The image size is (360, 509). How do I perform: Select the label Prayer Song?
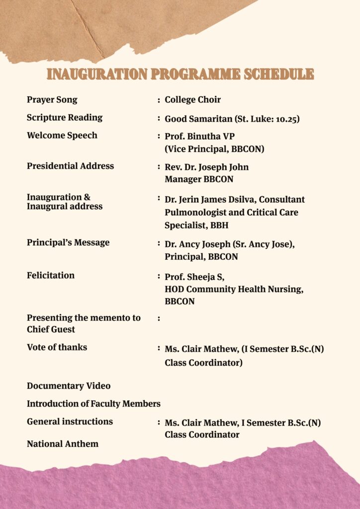coord(52,99)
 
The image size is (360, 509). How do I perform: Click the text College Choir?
coord(193,100)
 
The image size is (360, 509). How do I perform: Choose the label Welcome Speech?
coord(62,135)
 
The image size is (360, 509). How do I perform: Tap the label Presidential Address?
coord(70,166)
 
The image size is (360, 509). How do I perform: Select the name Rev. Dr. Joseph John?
coord(207,167)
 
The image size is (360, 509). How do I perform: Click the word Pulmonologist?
coord(195,212)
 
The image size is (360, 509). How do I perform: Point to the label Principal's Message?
coord(68,243)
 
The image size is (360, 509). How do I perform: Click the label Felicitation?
coord(51,275)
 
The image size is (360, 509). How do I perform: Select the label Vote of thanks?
coord(57,347)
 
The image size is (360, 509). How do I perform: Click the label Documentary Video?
coord(69,386)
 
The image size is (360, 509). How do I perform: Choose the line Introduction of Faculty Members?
coord(93,404)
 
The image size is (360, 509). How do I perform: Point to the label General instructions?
coord(70,422)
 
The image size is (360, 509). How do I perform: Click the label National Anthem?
coord(63,444)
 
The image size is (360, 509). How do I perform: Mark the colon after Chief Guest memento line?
coord(159,318)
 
